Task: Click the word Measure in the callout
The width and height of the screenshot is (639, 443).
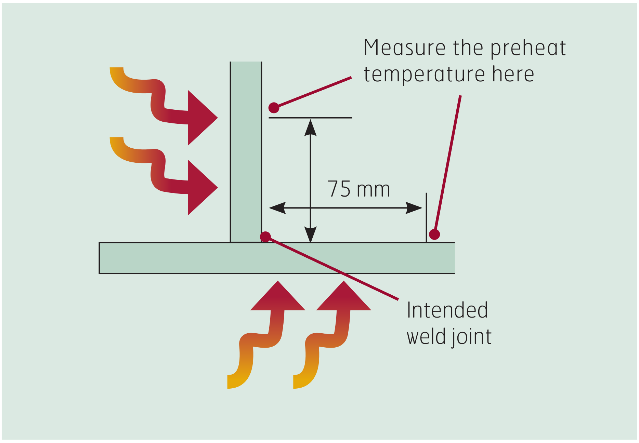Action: pyautogui.click(x=404, y=48)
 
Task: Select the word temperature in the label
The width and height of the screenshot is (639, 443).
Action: pyautogui.click(x=424, y=75)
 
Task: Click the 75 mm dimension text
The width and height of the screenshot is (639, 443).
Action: pyautogui.click(x=358, y=189)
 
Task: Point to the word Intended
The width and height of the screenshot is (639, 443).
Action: pyautogui.click(x=447, y=310)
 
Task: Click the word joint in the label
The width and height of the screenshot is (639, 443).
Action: pyautogui.click(x=471, y=337)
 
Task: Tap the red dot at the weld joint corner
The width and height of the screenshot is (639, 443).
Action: pyautogui.click(x=265, y=237)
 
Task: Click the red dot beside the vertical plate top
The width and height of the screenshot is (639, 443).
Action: pyautogui.click(x=274, y=108)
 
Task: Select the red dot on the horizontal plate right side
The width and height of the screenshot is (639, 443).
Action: pyautogui.click(x=434, y=234)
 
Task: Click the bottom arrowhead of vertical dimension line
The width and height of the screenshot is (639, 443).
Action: pyautogui.click(x=310, y=234)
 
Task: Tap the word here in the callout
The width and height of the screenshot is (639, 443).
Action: pyautogui.click(x=513, y=75)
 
